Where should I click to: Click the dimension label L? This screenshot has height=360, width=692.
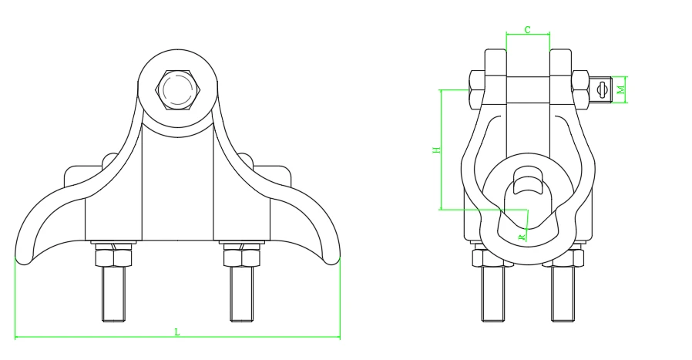pos(177,331)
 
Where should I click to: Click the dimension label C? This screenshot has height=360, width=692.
pos(527,30)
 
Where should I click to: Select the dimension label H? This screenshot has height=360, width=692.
pos(436,150)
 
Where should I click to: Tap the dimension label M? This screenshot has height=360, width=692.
pos(621,89)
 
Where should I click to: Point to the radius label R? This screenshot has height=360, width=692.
pos(522,237)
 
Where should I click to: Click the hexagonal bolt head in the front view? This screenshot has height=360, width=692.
pos(178,89)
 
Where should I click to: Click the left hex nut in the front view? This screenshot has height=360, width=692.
pos(113,257)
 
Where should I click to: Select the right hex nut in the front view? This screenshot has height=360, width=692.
pos(242,257)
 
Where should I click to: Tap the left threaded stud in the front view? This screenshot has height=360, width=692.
pos(113,293)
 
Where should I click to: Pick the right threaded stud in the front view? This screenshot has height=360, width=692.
pos(242,293)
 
